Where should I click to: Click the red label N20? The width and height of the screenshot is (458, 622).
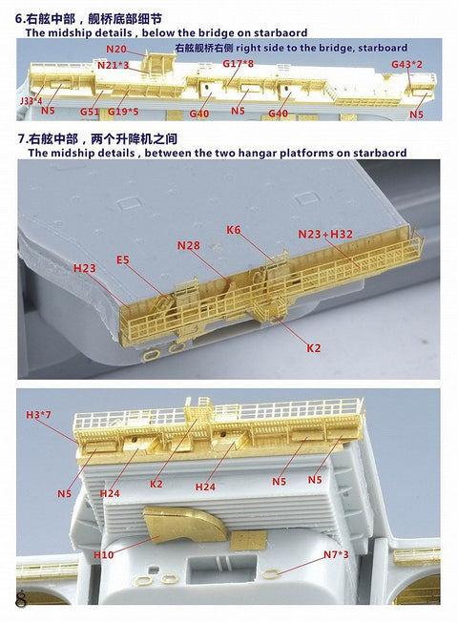click(115, 49)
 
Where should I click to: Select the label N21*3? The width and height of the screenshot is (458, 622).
click(113, 65)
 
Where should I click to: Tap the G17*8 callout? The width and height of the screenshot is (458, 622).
click(238, 63)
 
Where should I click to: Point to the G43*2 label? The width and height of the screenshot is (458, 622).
click(406, 64)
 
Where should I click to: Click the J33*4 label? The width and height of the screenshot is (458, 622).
click(31, 100)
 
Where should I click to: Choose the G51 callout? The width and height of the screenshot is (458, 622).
click(90, 112)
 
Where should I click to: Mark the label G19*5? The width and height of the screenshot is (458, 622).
click(123, 112)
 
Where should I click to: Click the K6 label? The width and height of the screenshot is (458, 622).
click(235, 230)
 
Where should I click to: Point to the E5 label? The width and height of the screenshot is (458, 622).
click(123, 259)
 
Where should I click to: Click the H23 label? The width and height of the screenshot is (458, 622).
click(85, 269)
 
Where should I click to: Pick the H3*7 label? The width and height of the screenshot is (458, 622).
click(39, 413)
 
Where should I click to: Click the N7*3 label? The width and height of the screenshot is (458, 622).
click(336, 554)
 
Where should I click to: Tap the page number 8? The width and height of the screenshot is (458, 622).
click(21, 599)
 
